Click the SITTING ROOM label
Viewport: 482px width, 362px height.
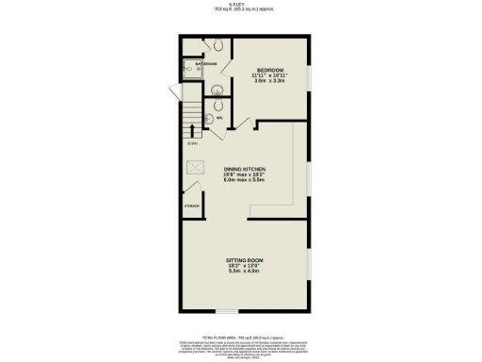tap(244, 258)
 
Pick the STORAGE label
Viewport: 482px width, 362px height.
tap(192, 205)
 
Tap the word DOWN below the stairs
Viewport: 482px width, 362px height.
tap(191, 143)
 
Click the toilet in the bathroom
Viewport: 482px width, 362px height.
tap(217, 45)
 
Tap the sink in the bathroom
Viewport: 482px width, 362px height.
tap(216, 90)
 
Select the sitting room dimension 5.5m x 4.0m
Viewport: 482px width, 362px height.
tap(244, 271)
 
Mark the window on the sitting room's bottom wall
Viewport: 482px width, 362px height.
tap(226, 311)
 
